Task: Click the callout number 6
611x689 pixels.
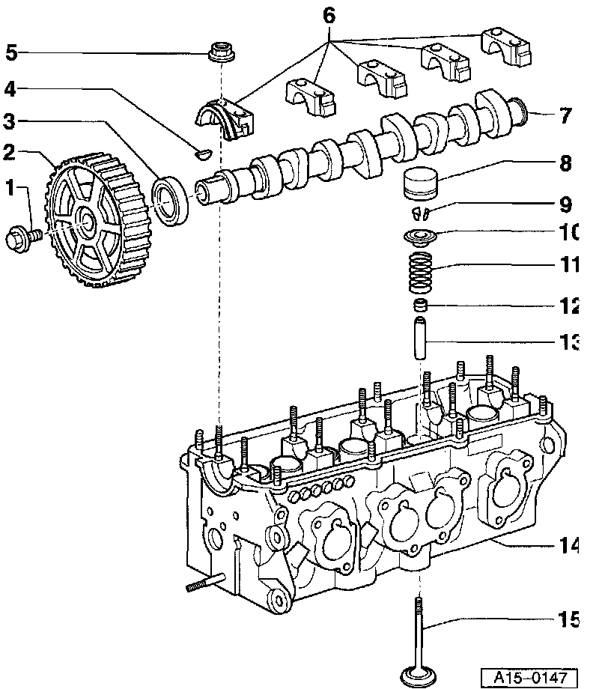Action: click(329, 15)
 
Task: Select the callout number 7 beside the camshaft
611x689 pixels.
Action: click(565, 115)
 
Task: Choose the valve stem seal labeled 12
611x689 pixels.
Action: click(422, 306)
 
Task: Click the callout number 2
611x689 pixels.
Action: click(9, 153)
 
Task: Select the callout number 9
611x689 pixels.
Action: click(565, 204)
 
